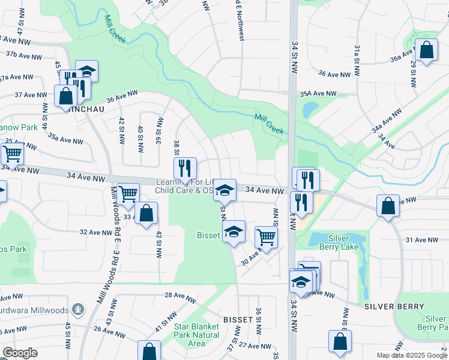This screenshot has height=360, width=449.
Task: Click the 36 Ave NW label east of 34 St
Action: [334, 74]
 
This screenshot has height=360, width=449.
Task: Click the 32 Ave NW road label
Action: [96, 232]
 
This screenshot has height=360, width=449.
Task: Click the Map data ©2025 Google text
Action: [412, 355]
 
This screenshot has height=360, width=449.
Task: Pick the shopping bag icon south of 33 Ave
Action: [146, 213]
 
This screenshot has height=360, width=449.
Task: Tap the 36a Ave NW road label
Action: [403, 58]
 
